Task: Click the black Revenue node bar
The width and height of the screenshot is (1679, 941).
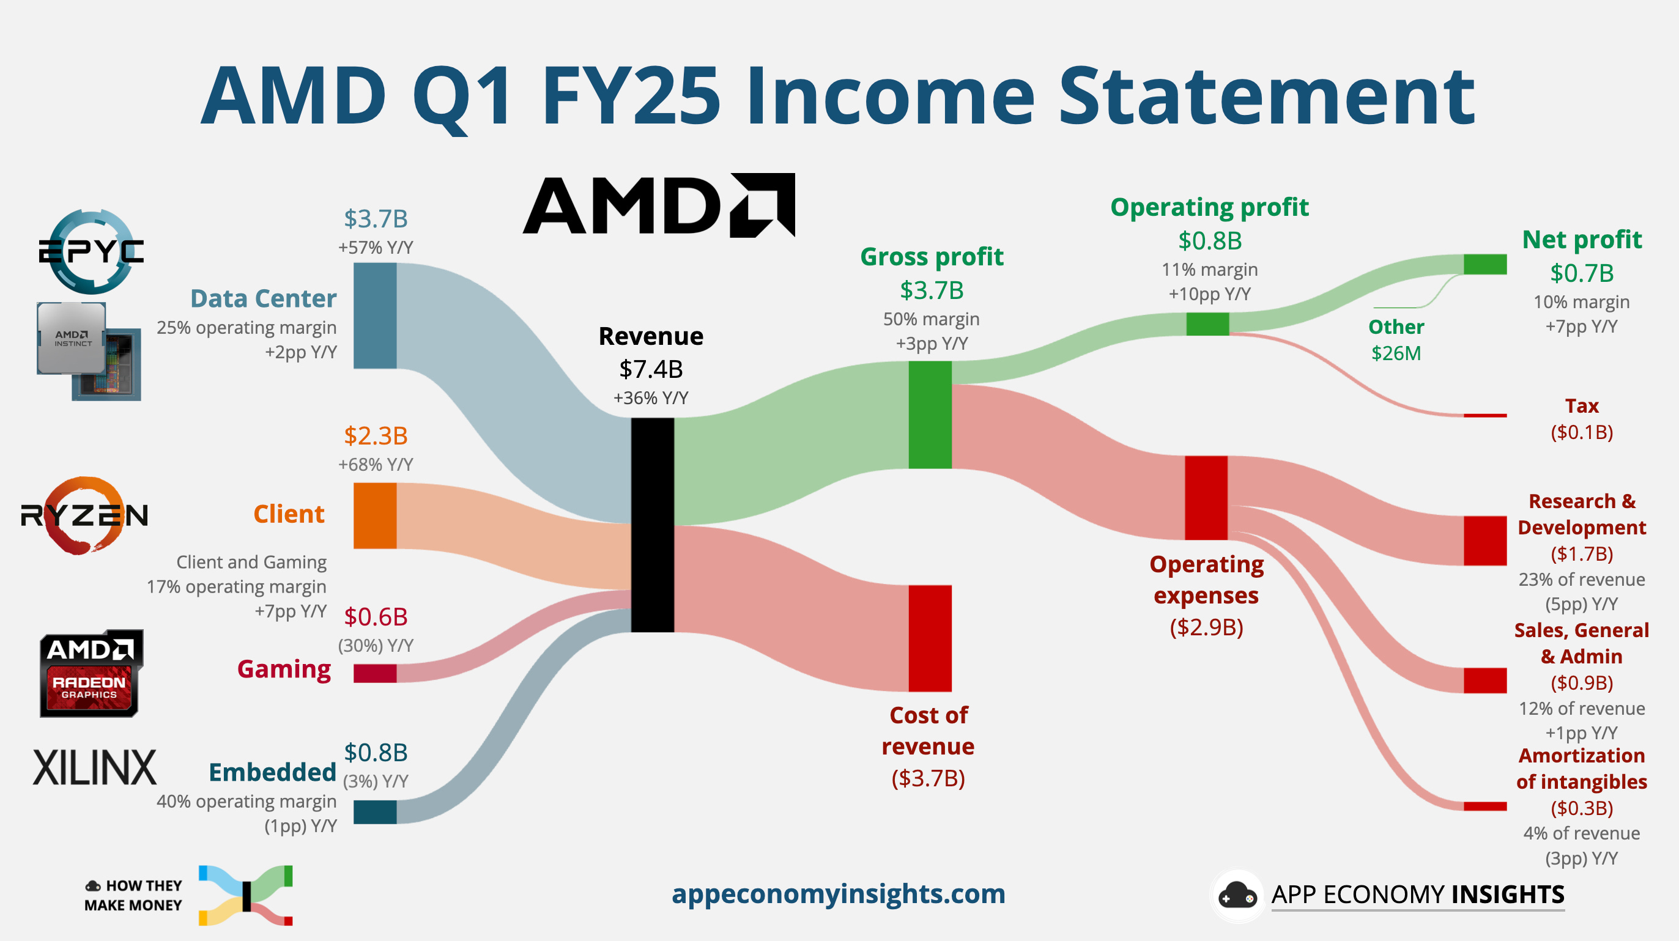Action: coord(652,525)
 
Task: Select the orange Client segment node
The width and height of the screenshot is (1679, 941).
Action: coord(375,515)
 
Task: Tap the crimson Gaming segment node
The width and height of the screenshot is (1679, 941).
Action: coord(375,673)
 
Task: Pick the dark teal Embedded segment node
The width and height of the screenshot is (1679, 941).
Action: coord(375,812)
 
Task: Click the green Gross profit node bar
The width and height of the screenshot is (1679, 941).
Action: coord(930,415)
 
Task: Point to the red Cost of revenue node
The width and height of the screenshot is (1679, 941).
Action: coord(930,638)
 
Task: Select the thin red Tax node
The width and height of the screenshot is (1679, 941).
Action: coord(1484,415)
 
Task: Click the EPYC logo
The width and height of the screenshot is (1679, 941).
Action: coord(91,251)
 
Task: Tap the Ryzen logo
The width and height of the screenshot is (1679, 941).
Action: coord(85,515)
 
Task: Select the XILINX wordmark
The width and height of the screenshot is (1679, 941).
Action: coord(95,768)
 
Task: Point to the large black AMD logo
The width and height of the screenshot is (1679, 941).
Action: coord(658,205)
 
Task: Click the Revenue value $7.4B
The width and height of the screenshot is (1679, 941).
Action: coord(650,369)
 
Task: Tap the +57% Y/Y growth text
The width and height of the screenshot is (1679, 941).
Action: coord(376,248)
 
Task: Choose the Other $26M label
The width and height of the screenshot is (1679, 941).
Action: coord(1395,339)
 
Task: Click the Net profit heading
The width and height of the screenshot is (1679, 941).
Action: coord(1581,240)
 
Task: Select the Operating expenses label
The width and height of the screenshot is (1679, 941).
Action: coord(1206,580)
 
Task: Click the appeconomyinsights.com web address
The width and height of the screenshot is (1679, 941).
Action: coord(838,893)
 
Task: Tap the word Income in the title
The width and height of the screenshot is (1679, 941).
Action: coord(890,97)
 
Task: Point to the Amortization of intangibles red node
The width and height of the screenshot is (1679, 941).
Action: coord(1484,806)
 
